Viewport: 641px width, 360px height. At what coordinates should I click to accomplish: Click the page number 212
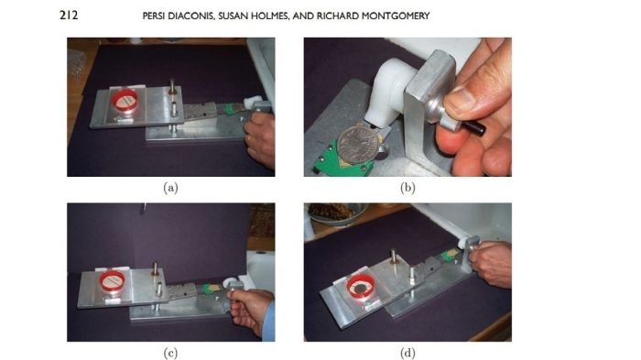(x=69, y=16)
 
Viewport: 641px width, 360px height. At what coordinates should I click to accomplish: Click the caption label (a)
(x=170, y=188)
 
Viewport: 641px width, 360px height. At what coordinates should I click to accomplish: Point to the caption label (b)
(x=407, y=188)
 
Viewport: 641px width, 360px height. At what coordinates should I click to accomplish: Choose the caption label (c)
(x=170, y=353)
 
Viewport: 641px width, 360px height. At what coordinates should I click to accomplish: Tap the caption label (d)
(x=407, y=353)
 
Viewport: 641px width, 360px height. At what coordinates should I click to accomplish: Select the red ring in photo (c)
(x=101, y=281)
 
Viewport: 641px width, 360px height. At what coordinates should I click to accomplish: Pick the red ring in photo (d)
(x=349, y=288)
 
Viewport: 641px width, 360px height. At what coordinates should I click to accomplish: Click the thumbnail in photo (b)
(x=462, y=100)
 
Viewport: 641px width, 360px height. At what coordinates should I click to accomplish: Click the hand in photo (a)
(x=261, y=137)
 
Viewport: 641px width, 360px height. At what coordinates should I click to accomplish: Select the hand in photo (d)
(x=491, y=263)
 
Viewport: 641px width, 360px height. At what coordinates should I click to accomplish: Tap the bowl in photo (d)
(x=335, y=214)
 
